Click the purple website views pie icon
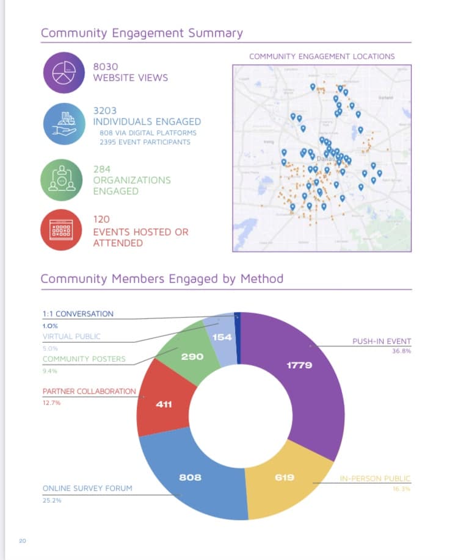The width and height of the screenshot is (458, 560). click(63, 73)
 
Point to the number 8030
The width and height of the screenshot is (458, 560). click(105, 66)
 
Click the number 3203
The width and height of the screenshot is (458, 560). click(105, 110)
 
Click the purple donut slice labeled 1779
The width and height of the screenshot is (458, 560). click(299, 365)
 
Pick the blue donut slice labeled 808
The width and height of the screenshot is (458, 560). click(190, 476)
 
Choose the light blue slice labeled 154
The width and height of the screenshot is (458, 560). click(220, 337)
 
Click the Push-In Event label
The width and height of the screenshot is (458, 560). click(382, 341)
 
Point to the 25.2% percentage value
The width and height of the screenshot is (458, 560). click(52, 500)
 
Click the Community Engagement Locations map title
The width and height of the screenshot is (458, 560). click(322, 56)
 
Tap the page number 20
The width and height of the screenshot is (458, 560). click(22, 540)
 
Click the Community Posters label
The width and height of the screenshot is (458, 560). click(84, 359)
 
